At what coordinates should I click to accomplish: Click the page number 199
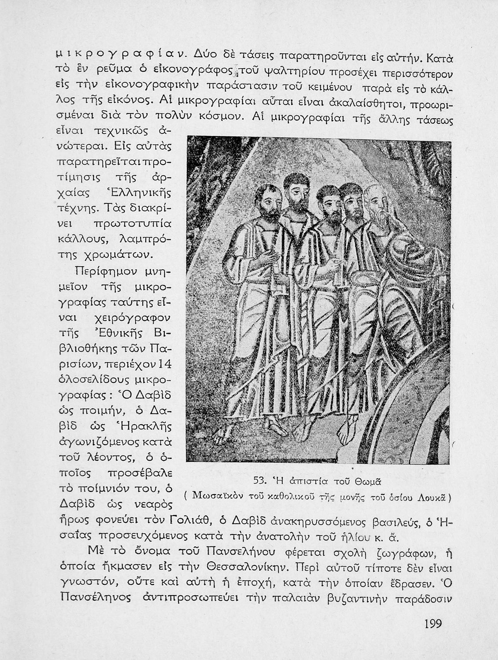(x=433, y=623)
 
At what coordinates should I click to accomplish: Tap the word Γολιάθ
(x=190, y=521)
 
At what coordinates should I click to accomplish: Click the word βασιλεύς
(x=398, y=522)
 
